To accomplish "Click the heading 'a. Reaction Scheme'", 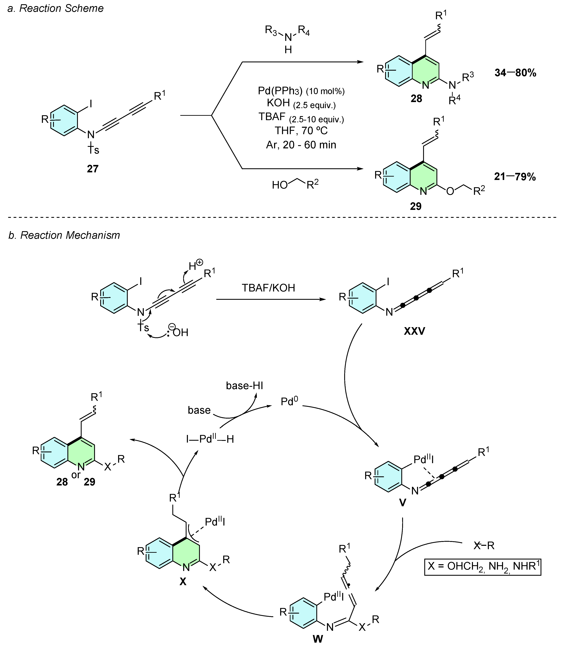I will pyautogui.click(x=56, y=8).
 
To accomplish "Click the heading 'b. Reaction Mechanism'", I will pyautogui.click(x=64, y=235).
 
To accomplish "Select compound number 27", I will pyautogui.click(x=93, y=169).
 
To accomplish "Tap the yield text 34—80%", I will pyautogui.click(x=515, y=73).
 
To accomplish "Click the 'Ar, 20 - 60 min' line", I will pyautogui.click(x=301, y=145).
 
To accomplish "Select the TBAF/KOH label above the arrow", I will pyautogui.click(x=268, y=288).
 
